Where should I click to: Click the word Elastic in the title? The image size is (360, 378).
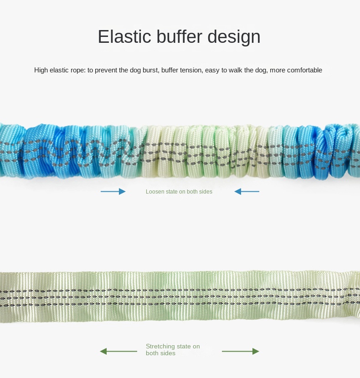(x=124, y=36)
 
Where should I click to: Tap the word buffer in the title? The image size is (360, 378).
(x=179, y=36)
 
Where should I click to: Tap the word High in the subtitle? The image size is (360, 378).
(x=41, y=70)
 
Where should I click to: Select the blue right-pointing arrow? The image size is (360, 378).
(x=113, y=192)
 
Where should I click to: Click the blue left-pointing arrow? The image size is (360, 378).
(x=247, y=192)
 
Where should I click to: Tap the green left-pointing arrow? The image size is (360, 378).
(x=118, y=351)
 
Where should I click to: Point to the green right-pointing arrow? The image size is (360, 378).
(x=241, y=351)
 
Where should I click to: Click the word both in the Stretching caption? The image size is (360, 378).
(x=153, y=353)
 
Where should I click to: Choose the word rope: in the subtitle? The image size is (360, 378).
(x=78, y=71)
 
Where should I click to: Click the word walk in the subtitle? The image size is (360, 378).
(x=235, y=70)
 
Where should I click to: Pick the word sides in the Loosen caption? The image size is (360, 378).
(x=206, y=192)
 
